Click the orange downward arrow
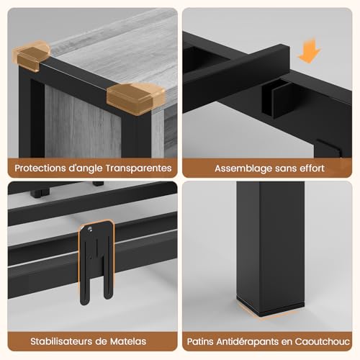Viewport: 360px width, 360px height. [x=310, y=52]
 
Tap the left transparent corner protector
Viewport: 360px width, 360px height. [x=31, y=56]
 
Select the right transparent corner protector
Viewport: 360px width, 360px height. [x=135, y=98]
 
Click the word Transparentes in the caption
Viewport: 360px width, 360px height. [x=138, y=168]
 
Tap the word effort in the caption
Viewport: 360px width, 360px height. [x=311, y=168]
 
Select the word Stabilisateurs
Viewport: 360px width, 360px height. [x=61, y=341]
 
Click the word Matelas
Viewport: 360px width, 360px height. [x=128, y=341]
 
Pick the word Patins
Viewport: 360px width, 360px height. [x=200, y=341]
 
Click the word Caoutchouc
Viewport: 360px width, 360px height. [x=322, y=341]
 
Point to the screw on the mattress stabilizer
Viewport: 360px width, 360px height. [x=90, y=229]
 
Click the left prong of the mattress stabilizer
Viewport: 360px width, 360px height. [x=84, y=276]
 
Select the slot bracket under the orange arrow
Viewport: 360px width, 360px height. [x=276, y=99]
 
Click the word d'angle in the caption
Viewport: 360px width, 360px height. [x=86, y=168]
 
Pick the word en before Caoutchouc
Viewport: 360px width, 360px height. [x=287, y=342]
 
